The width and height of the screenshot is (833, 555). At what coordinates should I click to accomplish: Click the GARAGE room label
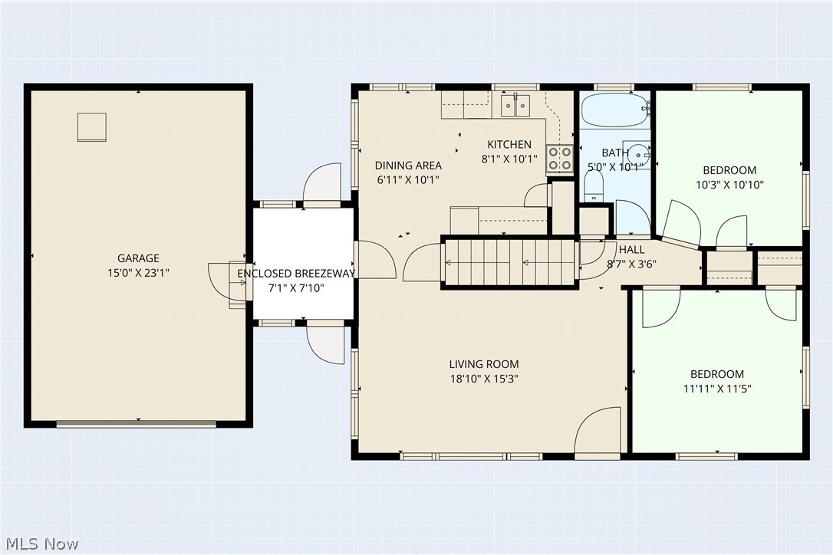[138, 258]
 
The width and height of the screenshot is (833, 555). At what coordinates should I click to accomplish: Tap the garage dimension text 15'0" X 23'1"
[138, 273]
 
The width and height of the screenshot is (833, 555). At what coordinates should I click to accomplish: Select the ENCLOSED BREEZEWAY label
[296, 274]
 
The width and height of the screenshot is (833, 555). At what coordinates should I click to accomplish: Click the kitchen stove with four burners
[560, 158]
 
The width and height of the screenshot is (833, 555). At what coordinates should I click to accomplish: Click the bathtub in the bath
[615, 110]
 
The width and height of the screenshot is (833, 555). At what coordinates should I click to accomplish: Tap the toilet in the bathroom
[594, 188]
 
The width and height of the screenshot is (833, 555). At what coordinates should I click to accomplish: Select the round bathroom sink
[637, 154]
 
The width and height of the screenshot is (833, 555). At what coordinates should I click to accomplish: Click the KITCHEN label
[509, 144]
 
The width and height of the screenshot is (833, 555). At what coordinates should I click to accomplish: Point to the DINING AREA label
[408, 165]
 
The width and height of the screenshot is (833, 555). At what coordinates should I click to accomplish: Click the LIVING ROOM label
[484, 364]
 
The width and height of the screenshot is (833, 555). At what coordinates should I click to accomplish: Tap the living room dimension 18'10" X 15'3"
[484, 379]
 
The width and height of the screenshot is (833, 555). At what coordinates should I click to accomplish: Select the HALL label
[632, 250]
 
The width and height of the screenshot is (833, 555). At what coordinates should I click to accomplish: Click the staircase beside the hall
[510, 262]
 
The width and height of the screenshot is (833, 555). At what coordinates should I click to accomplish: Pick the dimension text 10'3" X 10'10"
[730, 185]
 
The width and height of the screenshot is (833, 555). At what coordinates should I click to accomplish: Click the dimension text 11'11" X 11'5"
[717, 389]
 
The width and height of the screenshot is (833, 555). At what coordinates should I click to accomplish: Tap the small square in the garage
[93, 127]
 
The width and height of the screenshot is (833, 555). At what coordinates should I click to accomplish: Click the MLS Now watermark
[42, 544]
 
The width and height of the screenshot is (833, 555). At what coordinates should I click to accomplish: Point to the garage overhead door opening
[137, 424]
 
